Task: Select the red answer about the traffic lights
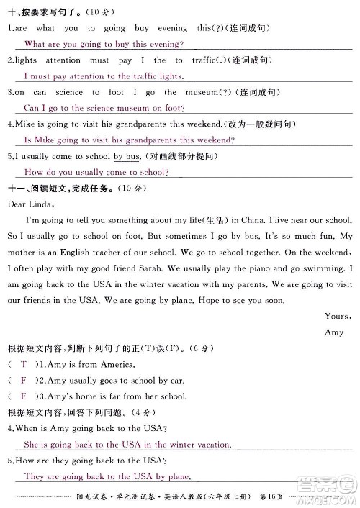tap(104, 76)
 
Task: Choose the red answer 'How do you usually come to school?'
tap(96, 172)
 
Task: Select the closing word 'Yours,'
tap(338, 316)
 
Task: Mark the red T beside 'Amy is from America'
tap(23, 364)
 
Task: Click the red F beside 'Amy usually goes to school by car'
tap(23, 380)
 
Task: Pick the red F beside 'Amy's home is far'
tap(23, 396)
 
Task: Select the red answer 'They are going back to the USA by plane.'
tap(107, 476)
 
